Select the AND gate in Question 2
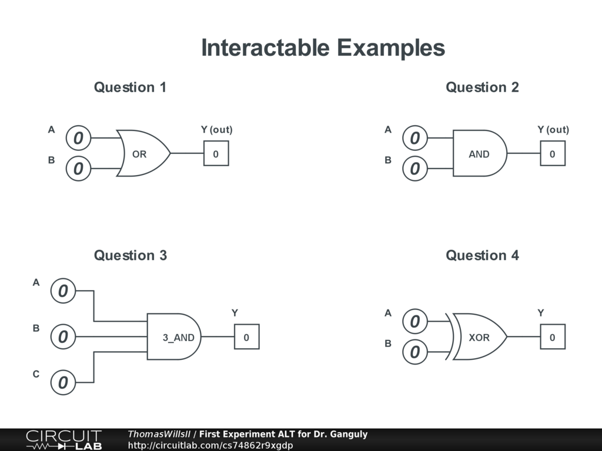pos(479,154)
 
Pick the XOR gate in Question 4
pos(479,337)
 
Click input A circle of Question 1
pos(78,139)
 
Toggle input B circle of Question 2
pos(415,169)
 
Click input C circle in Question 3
pos(63,383)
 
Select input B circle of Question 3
pos(63,337)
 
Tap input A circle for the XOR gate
pos(415,322)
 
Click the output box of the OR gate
pos(216,154)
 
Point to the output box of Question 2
pos(552,154)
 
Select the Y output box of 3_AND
pos(246,337)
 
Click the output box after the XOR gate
pos(552,337)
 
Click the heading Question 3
pos(130,255)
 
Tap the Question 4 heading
pos(482,255)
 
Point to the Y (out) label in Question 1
pos(216,130)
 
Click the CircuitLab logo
pos(63,440)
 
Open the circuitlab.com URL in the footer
pos(210,445)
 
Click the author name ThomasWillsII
pos(159,435)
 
